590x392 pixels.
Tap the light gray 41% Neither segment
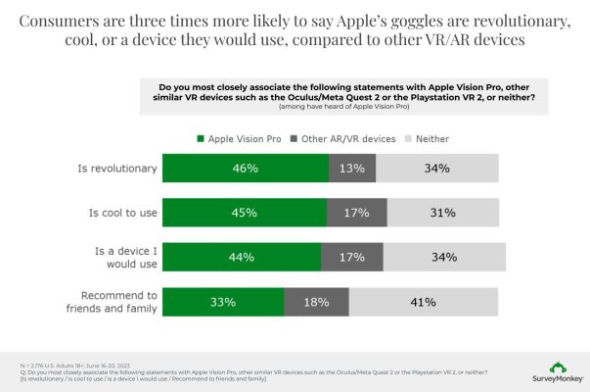[x=423, y=302]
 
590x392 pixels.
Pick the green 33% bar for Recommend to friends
[x=223, y=302]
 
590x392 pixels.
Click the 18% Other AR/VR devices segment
[x=316, y=302]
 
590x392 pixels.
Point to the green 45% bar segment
[x=245, y=213]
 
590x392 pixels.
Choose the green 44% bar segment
[x=242, y=258]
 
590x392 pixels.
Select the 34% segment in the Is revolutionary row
[x=436, y=169]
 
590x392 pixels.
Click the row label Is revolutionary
[x=117, y=169]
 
